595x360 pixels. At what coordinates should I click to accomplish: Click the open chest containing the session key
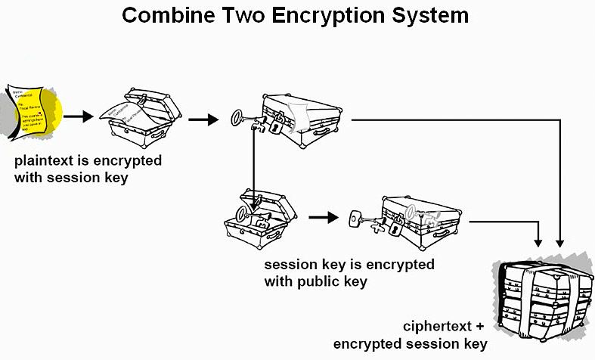(x=257, y=219)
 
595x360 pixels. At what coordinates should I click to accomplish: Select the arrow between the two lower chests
(x=323, y=218)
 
